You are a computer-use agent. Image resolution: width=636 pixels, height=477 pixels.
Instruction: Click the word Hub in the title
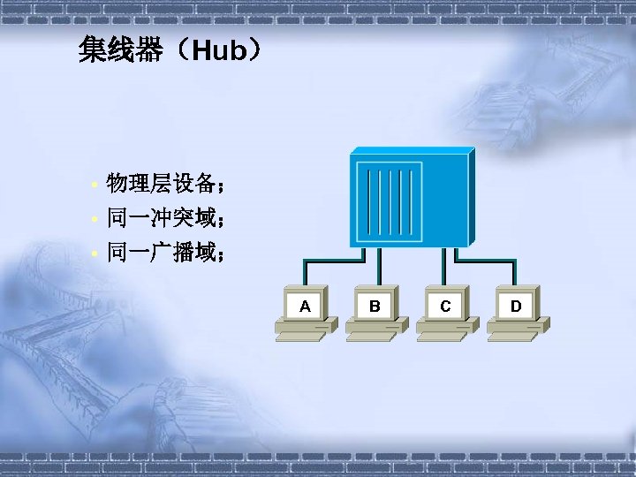[x=217, y=51]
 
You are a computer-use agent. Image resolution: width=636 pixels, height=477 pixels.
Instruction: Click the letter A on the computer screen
[x=305, y=307]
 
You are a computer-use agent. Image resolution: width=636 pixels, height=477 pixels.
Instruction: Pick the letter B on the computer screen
[x=375, y=307]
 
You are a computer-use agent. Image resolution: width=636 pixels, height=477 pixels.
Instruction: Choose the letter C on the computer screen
[x=445, y=307]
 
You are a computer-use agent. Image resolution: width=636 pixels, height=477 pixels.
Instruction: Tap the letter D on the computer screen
[x=516, y=307]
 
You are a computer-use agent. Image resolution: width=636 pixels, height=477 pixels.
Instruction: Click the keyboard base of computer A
[x=305, y=333]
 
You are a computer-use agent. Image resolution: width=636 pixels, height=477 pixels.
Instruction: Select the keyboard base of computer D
[x=516, y=333]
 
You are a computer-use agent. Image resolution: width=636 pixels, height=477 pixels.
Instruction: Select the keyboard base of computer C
[x=445, y=333]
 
